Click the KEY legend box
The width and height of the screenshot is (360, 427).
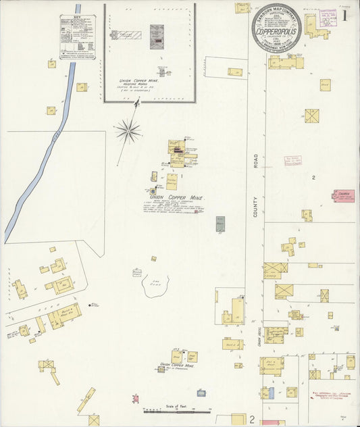pos(78,36)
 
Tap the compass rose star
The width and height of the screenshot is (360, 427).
pos(128,130)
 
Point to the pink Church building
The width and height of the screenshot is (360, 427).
pos(343,196)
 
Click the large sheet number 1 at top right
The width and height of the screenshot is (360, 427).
pos(344,15)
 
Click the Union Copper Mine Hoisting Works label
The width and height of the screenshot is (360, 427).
pos(138,84)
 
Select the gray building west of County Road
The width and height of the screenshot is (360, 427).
pos(220,224)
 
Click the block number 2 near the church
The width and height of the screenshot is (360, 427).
pos(313,177)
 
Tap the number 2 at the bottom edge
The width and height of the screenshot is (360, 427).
pos(252,420)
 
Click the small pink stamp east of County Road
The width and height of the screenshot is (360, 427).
pos(292,161)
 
